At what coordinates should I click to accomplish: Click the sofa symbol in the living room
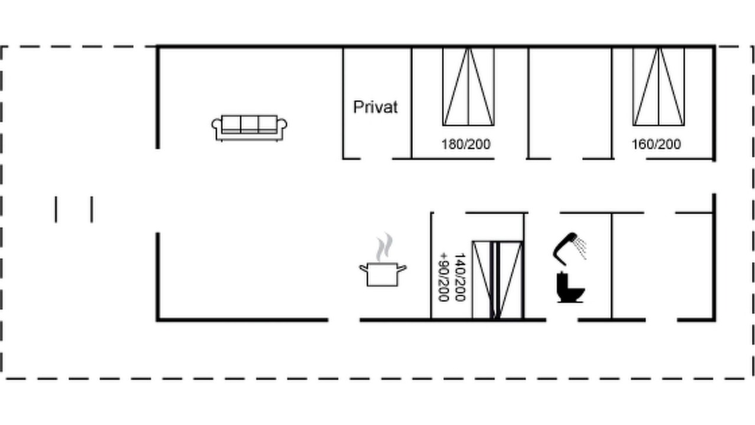click(250, 128)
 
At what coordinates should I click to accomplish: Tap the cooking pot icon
click(383, 274)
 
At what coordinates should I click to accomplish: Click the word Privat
click(376, 107)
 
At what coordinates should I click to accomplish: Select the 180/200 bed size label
click(466, 145)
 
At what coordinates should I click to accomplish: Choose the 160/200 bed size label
click(656, 145)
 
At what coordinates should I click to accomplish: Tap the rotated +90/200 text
click(443, 277)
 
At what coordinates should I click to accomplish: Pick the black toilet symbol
click(570, 287)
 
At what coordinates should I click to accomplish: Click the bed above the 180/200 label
click(468, 87)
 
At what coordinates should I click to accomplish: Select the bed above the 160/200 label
click(659, 87)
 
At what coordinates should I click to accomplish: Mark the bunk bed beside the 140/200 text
click(497, 280)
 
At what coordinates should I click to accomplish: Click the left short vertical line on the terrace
click(56, 210)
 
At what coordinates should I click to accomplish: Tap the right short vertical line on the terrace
click(91, 210)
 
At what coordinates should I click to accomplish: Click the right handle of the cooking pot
click(402, 269)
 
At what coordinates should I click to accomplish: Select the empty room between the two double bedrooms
click(570, 103)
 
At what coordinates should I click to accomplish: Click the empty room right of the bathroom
click(662, 266)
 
